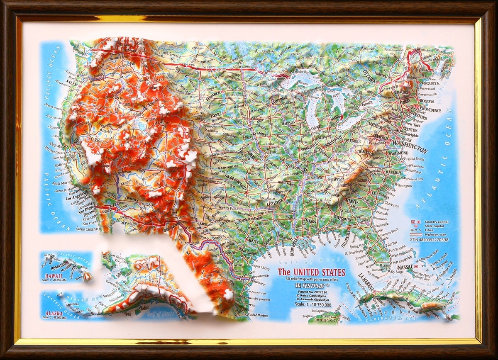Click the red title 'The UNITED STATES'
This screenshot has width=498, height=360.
(x=311, y=272)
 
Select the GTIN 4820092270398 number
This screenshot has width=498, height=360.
(x=429, y=240)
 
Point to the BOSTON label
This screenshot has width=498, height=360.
(x=427, y=101)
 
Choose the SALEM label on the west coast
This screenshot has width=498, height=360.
(x=72, y=83)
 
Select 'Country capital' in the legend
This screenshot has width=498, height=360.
(x=437, y=222)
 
